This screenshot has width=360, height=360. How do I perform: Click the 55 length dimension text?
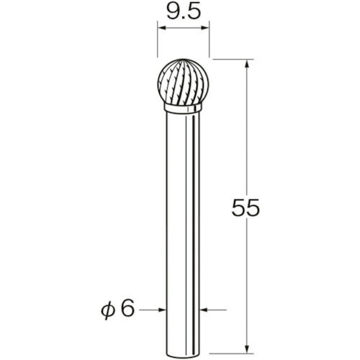246,207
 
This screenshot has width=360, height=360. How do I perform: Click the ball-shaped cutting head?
184,84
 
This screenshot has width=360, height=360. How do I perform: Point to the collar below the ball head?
183,108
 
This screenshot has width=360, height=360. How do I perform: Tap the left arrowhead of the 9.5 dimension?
161,28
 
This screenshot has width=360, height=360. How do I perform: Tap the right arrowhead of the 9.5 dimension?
205,28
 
